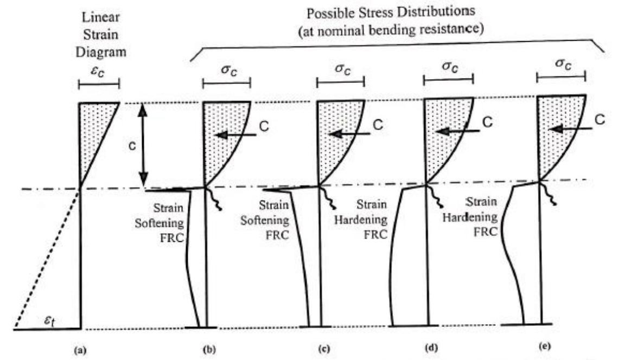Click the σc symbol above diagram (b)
226,70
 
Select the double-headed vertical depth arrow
143,145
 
